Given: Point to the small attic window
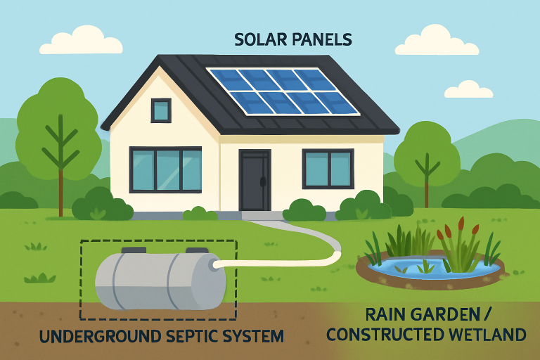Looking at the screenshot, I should [x=161, y=110].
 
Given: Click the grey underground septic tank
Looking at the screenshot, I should [x=160, y=281].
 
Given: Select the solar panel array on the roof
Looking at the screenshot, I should [x=283, y=91].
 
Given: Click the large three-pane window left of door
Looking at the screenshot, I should [x=165, y=169].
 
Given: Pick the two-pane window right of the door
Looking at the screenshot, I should [x=327, y=169].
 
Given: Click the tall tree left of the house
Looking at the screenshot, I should [x=60, y=134].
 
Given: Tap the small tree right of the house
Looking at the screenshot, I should [x=427, y=158].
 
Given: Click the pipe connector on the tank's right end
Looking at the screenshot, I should [x=212, y=264].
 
